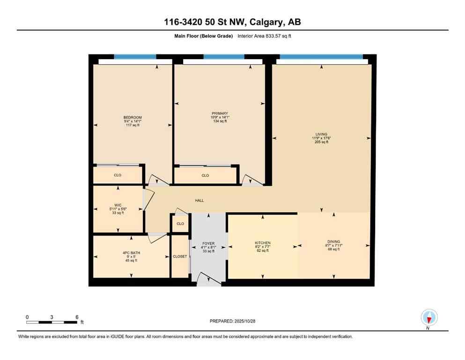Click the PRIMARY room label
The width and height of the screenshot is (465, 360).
tap(220, 113)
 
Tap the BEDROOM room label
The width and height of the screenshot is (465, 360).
tap(133, 117)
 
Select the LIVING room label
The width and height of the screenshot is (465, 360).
tap(321, 134)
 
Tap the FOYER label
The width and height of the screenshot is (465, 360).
tap(208, 243)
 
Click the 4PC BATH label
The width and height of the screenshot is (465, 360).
tap(132, 253)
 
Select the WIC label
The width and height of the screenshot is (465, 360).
tap(118, 205)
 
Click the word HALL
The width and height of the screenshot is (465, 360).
tap(199, 201)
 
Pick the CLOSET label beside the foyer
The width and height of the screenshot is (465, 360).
tap(180, 256)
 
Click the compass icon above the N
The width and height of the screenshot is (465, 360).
tap(429, 317)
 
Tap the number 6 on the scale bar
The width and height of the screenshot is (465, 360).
tap(77, 317)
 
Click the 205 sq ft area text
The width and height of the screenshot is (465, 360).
tap(321, 142)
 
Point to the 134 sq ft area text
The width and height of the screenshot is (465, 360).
tap(220, 121)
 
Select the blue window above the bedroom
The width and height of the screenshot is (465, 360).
tap(135, 57)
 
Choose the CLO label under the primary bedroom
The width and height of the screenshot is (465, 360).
tap(205, 175)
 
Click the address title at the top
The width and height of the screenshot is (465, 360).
tap(232, 22)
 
